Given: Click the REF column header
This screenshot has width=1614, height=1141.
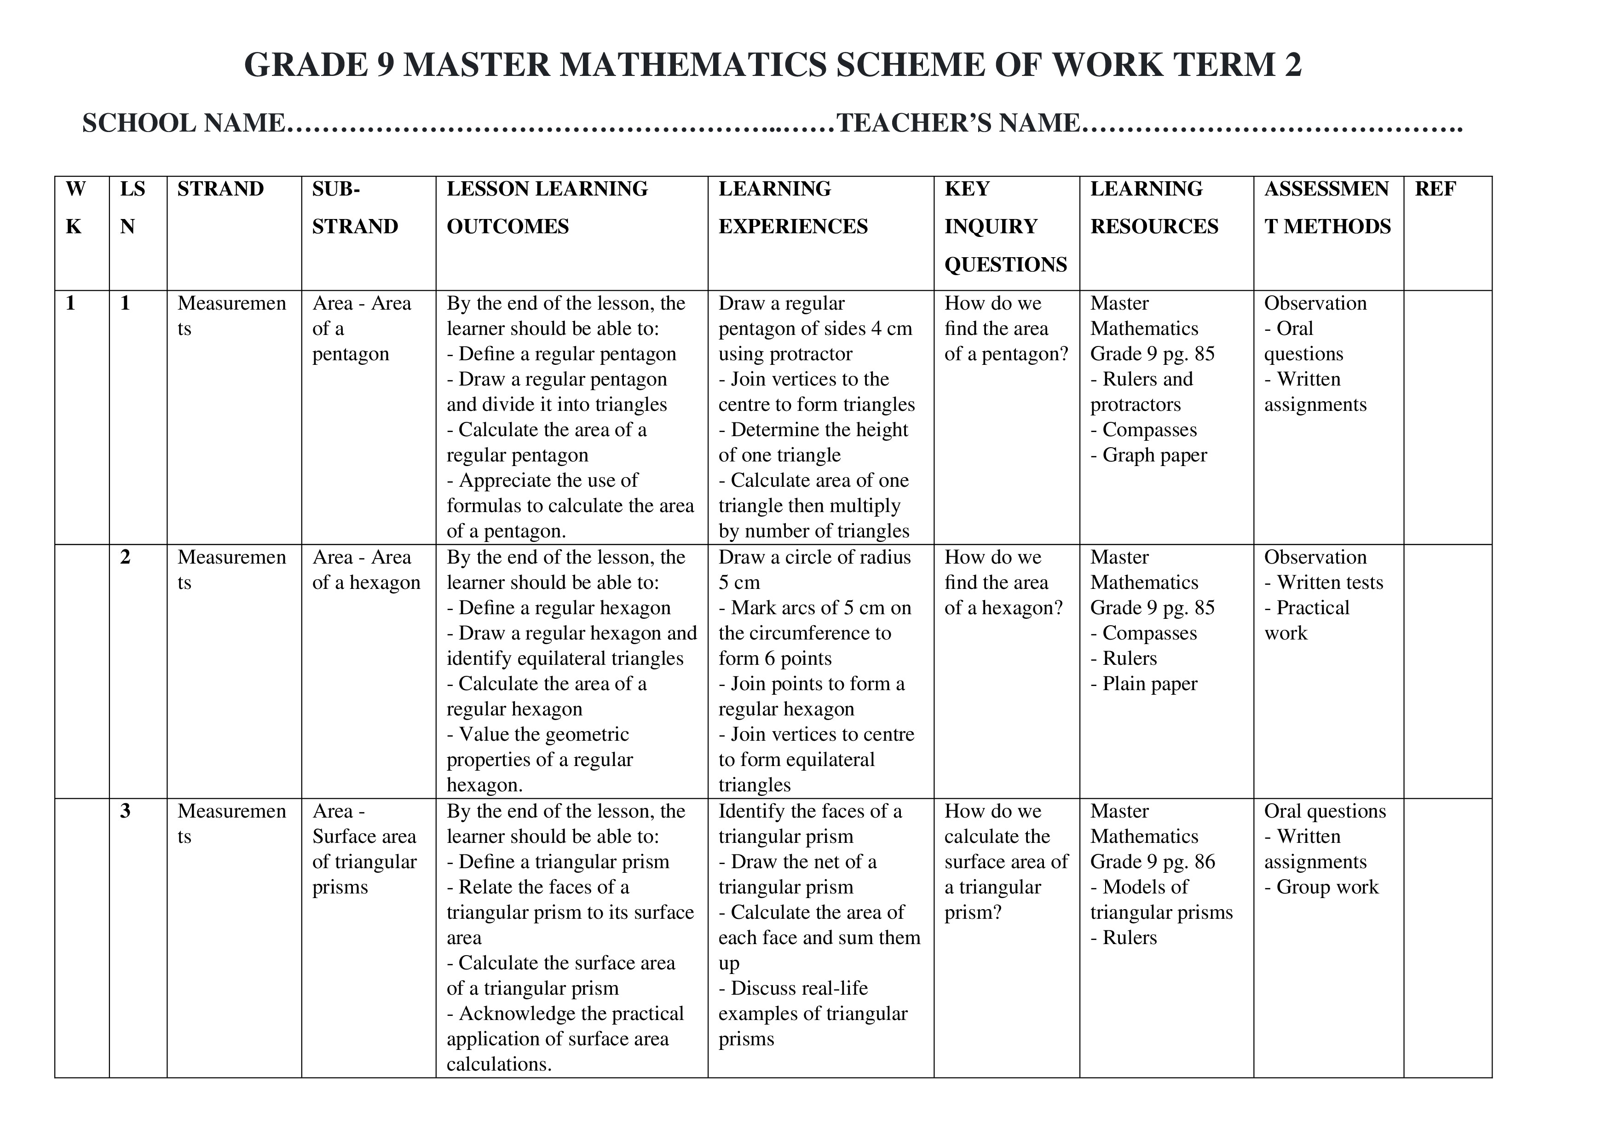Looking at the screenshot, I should tap(1435, 189).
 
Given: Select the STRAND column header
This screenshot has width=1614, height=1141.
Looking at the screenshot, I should tap(220, 189).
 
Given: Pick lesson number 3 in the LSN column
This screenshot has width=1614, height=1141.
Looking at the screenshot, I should tap(125, 811).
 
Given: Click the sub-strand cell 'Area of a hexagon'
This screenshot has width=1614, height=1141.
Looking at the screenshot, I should tap(365, 570).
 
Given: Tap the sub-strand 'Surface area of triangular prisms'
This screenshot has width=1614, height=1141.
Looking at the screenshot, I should tap(364, 849).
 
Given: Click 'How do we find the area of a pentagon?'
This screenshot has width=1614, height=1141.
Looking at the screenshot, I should tap(1005, 328).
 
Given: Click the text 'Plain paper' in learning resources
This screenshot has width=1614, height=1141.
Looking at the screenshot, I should tap(1149, 684).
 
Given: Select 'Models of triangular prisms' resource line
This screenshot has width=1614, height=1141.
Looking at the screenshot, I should tap(1161, 900).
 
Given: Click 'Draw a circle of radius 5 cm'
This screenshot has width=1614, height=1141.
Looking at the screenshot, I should tap(814, 570).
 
